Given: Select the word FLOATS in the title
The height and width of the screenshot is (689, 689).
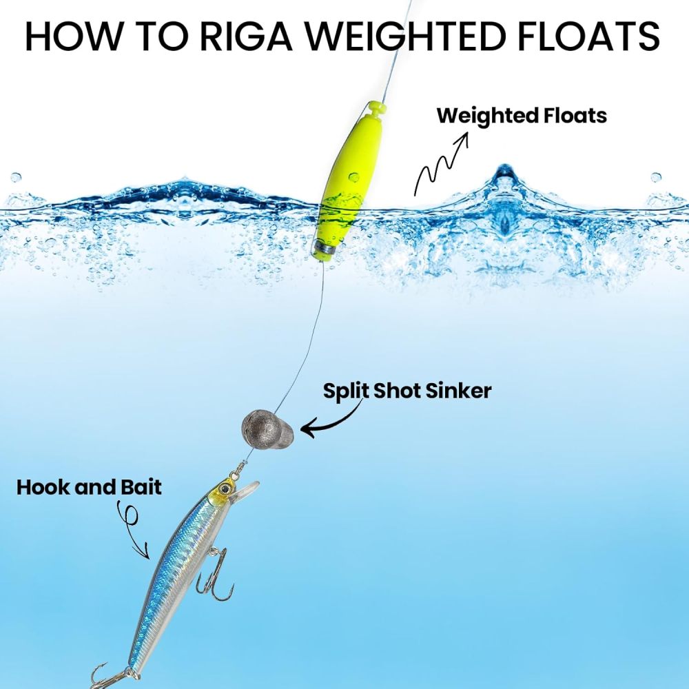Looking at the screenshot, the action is [x=589, y=36].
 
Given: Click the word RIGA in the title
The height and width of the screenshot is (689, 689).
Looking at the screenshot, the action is [x=246, y=36].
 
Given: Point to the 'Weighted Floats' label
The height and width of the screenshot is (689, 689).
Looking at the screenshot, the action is [x=522, y=116].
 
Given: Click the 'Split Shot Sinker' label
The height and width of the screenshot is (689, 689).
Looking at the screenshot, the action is [x=407, y=391].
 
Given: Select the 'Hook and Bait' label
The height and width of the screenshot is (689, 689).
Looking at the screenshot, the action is [x=89, y=487].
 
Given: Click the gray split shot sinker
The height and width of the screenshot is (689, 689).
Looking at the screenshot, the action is [x=267, y=429].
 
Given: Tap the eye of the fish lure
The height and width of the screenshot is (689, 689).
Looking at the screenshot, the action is [x=226, y=487].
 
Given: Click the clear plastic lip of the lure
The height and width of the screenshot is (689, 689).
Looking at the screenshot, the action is [x=246, y=489].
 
